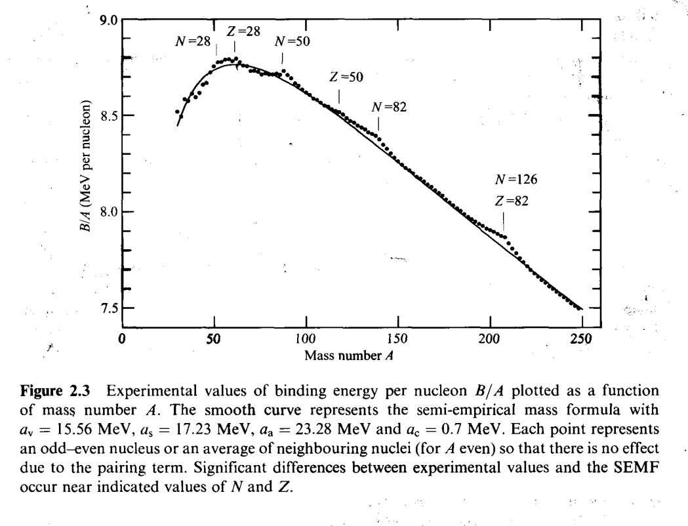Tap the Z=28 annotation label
tap(244, 31)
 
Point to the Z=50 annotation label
tap(346, 77)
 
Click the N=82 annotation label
tap(389, 108)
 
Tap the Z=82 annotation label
tap(511, 201)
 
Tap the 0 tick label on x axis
tap(122, 339)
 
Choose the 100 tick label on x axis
tap(306, 339)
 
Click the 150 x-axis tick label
tap(397, 339)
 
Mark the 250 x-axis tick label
tap(581, 339)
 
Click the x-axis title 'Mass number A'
tap(349, 355)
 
